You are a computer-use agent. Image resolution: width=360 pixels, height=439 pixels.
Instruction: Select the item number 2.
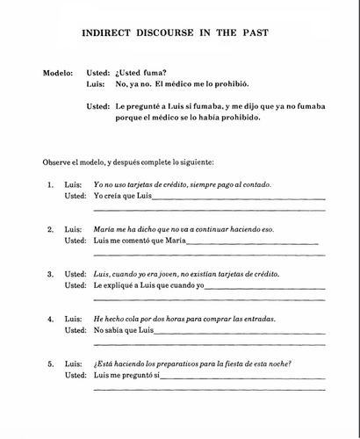click(50, 229)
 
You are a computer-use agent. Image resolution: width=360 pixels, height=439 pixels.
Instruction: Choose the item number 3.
click(50, 274)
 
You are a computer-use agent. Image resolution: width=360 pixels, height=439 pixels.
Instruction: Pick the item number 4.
click(50, 319)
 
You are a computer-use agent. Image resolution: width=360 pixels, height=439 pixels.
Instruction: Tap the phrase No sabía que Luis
click(124, 330)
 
